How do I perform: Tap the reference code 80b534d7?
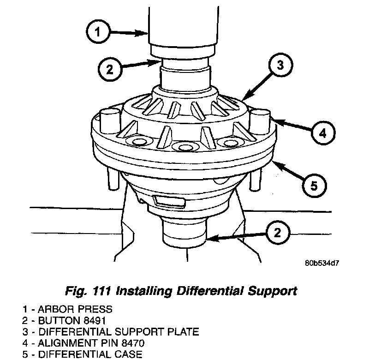322,264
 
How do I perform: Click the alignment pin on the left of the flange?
106,119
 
